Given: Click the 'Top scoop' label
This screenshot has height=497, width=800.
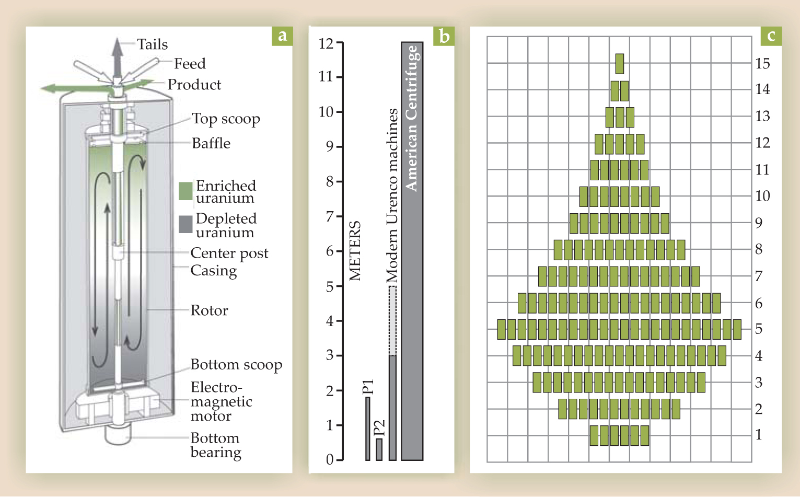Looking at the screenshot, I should coord(226,119).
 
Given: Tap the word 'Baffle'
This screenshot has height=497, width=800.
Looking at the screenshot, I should coord(211,143).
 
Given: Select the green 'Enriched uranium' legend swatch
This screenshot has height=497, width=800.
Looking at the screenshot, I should coord(185,191).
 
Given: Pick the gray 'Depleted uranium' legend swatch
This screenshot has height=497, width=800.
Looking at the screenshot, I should coord(185,224).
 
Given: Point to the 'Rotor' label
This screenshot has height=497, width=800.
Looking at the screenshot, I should coord(209,310).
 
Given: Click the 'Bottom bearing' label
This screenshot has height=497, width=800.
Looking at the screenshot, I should coord(215,445).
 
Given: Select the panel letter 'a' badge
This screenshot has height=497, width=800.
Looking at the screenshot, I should coord(282,36).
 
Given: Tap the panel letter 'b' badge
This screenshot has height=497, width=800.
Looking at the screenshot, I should coord(444,36).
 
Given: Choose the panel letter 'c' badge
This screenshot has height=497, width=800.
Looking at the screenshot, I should coord(771,36).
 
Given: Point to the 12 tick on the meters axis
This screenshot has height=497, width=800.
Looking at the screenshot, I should coord(339,43).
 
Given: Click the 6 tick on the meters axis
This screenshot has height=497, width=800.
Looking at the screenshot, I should coord(339,251).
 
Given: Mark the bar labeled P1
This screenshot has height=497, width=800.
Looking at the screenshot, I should coord(368,429).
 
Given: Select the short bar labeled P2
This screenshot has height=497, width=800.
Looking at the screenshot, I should coord(379,449).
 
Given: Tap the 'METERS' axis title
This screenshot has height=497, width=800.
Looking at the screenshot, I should coord(355,251).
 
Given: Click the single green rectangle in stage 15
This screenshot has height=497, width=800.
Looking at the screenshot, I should coord(620,64).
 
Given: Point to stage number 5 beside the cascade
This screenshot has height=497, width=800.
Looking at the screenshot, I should coord(759,329).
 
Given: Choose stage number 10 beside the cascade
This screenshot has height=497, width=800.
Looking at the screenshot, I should coord(762,196).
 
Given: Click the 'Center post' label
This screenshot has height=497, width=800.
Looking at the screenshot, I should coord(229,253).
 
